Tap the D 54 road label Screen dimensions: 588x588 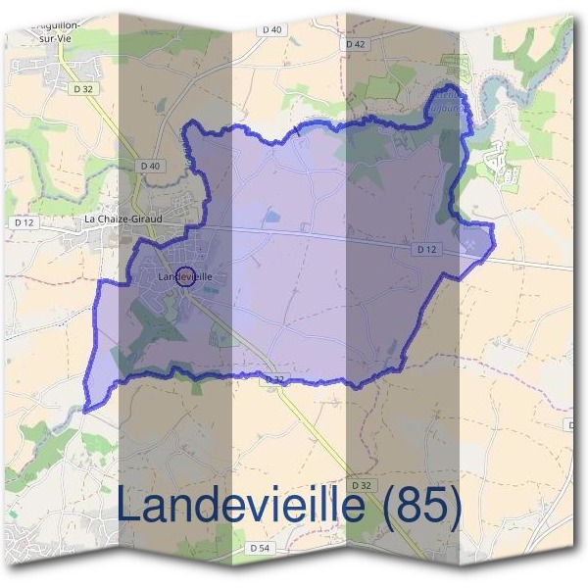coord(260,548)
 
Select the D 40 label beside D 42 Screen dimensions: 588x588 coord(271,30)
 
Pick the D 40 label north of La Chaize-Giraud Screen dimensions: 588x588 coord(149,166)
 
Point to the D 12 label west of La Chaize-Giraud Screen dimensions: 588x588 coord(24,223)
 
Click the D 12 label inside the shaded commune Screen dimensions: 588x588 coord(424,250)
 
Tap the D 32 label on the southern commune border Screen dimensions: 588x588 coord(275,379)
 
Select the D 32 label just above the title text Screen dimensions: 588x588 coord(363,485)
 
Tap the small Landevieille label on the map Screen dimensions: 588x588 coord(184,277)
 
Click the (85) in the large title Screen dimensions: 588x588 coord(420,506)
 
